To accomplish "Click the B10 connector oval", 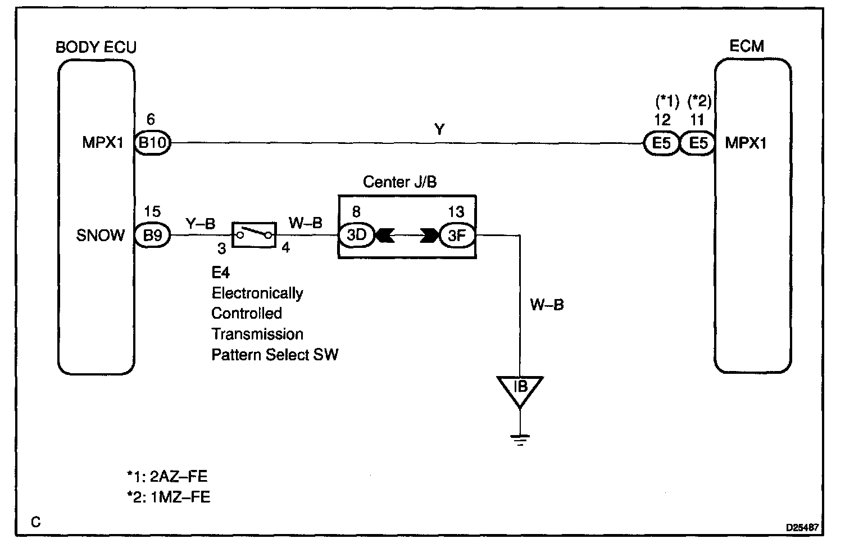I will [153, 143].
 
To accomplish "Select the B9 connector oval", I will [153, 235].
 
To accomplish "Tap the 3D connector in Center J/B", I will [357, 235].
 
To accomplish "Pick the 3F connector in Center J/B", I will [457, 235].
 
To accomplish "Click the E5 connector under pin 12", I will [661, 143].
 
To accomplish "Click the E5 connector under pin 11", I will [698, 143].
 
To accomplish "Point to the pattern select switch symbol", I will [254, 234].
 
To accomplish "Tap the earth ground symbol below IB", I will [520, 438].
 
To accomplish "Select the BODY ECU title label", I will [96, 47].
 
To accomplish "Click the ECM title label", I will [747, 46].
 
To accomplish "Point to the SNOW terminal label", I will [101, 235].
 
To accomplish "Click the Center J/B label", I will [399, 182].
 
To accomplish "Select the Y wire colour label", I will [439, 129].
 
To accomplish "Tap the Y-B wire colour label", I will [201, 223].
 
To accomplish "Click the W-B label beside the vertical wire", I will [547, 305].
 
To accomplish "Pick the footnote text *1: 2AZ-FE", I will [167, 477].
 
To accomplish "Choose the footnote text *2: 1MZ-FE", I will [169, 497].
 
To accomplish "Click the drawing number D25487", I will [802, 528].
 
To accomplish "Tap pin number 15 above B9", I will [152, 211].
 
